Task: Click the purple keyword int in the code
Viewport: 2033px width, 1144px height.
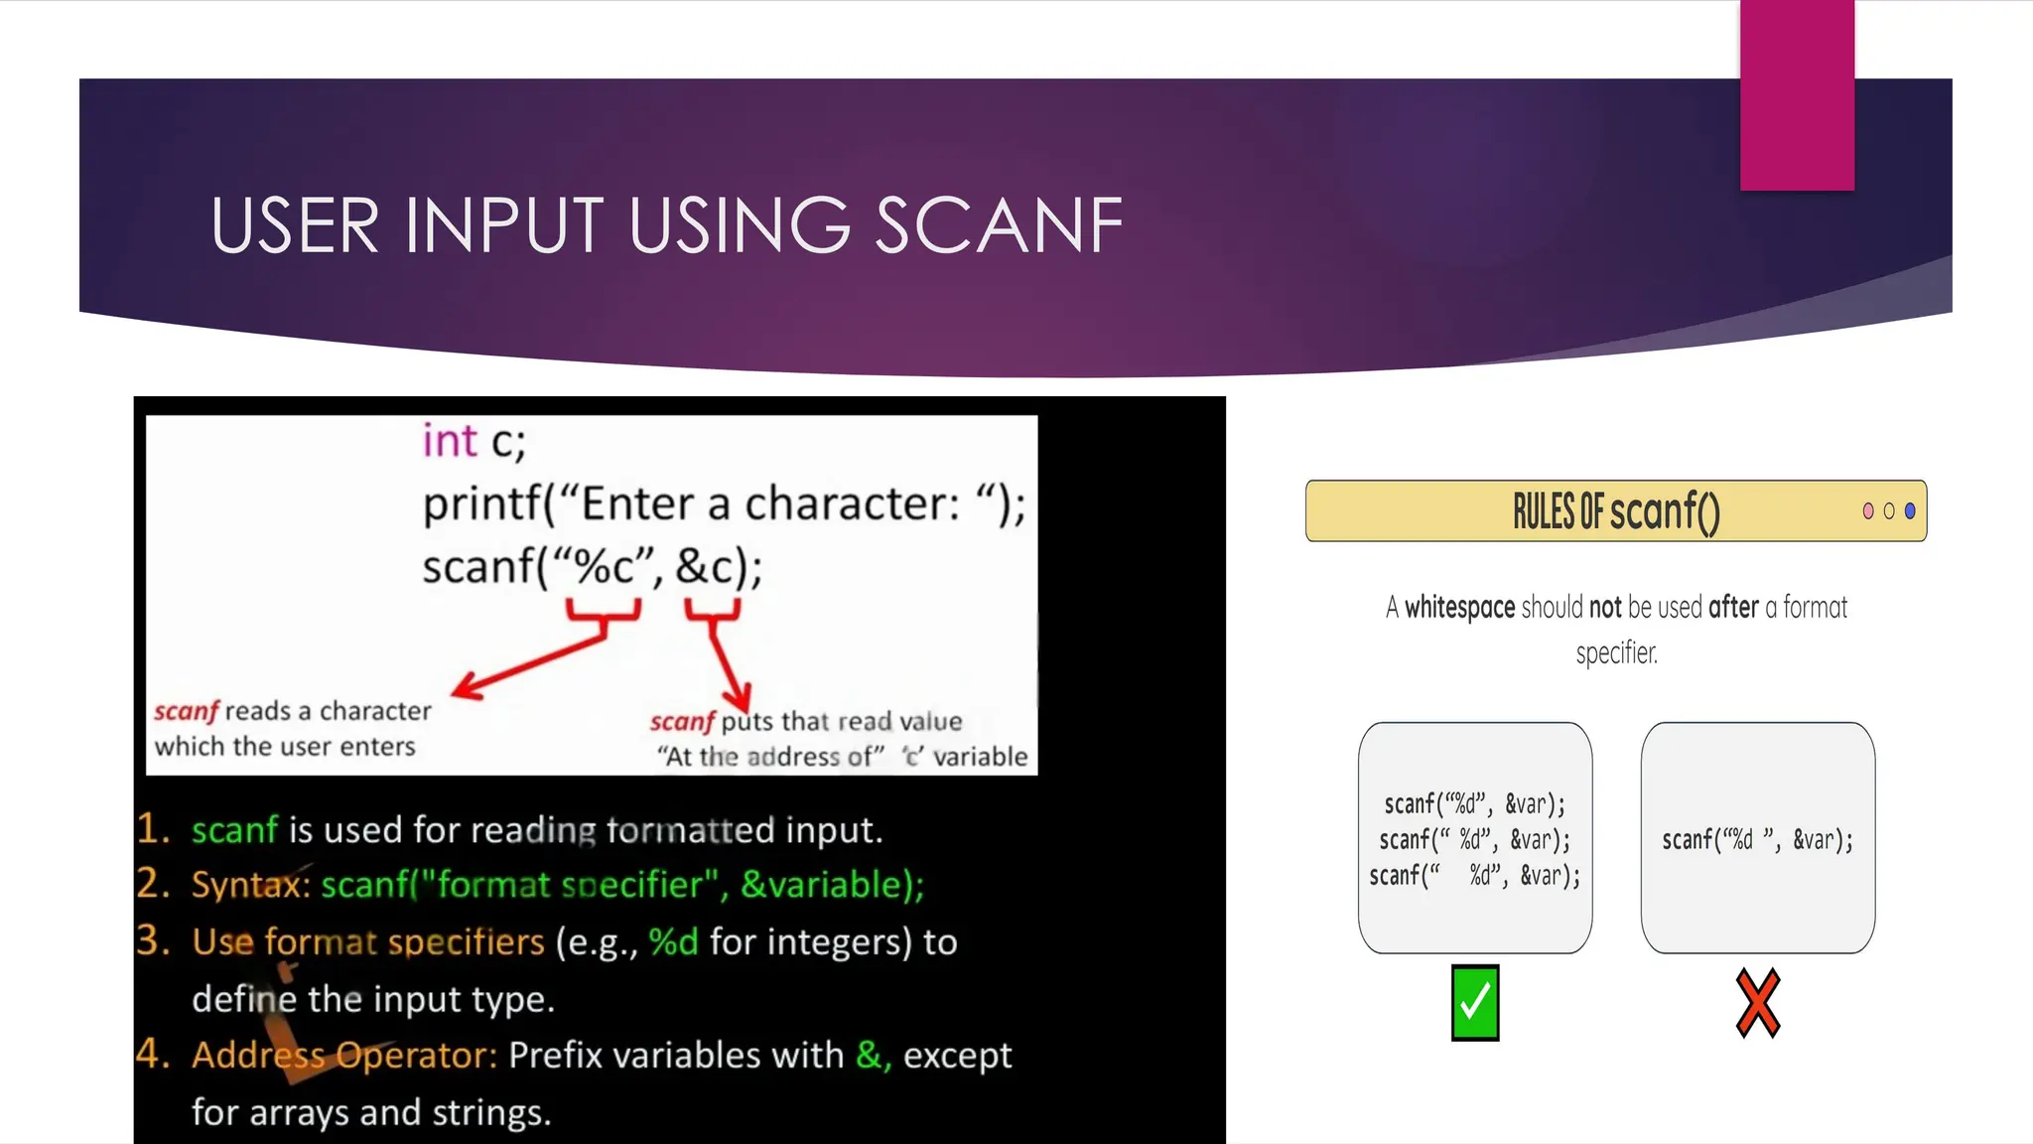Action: [x=450, y=441]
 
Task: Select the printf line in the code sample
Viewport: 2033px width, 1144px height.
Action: [x=724, y=504]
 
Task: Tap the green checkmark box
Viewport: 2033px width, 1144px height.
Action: [x=1475, y=1003]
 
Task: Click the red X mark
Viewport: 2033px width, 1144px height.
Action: [x=1758, y=1004]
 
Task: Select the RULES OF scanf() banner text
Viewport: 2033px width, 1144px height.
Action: [x=1616, y=511]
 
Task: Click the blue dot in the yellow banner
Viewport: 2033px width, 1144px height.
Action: [x=1910, y=511]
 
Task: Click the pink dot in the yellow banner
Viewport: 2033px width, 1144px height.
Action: [x=1868, y=511]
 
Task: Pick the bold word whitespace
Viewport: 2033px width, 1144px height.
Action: [x=1459, y=607]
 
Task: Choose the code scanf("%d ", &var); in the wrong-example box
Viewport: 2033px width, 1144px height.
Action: [x=1757, y=840]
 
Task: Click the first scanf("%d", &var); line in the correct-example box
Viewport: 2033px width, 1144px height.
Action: [x=1474, y=803]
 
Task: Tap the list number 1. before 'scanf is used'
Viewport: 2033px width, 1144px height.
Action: [x=154, y=829]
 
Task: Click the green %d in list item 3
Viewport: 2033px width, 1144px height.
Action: [x=673, y=941]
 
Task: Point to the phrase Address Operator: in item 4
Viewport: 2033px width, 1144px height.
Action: [x=344, y=1055]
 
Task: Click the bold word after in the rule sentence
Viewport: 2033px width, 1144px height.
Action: [x=1733, y=607]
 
